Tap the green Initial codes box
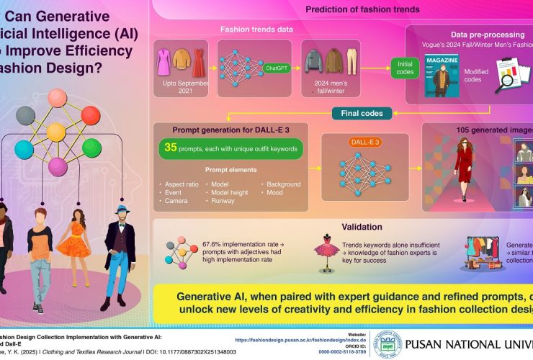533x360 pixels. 405,68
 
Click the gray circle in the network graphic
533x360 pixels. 25,115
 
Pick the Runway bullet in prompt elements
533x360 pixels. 224,201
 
